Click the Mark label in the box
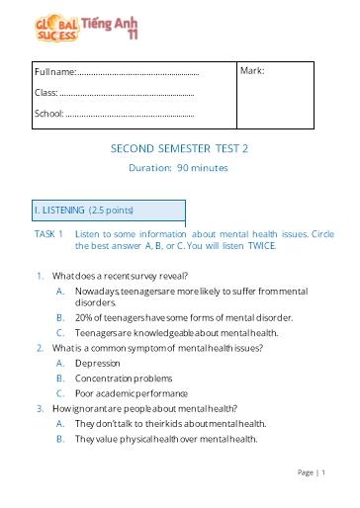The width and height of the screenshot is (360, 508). [x=252, y=71]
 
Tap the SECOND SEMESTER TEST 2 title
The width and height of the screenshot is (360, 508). [x=179, y=148]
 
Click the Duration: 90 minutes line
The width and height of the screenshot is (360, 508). [x=179, y=168]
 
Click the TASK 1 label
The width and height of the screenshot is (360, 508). [x=49, y=234]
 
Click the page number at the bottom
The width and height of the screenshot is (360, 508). [x=317, y=473]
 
